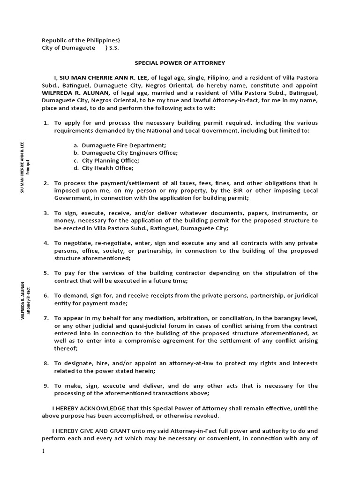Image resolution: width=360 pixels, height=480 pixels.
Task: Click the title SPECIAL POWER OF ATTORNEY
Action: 180,62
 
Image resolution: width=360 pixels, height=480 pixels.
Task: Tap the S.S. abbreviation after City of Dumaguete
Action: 114,48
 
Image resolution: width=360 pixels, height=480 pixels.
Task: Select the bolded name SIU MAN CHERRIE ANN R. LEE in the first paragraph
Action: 104,78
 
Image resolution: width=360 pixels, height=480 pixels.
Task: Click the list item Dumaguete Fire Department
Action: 124,145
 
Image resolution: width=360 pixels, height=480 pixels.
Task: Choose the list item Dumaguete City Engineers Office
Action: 129,153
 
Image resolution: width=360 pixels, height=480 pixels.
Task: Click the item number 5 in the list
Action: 46,273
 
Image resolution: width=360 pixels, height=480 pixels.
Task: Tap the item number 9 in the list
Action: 46,386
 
